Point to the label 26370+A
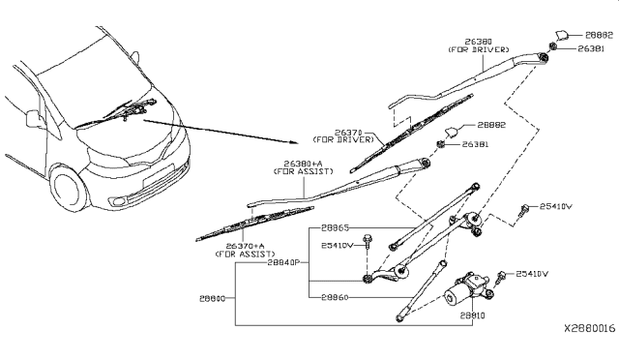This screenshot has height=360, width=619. [x=246, y=247]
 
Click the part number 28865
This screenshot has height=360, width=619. [x=335, y=228]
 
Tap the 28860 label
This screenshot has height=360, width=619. [x=335, y=296]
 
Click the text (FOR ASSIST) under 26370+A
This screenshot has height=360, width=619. [x=246, y=255]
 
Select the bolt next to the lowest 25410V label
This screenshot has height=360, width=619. [x=501, y=277]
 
